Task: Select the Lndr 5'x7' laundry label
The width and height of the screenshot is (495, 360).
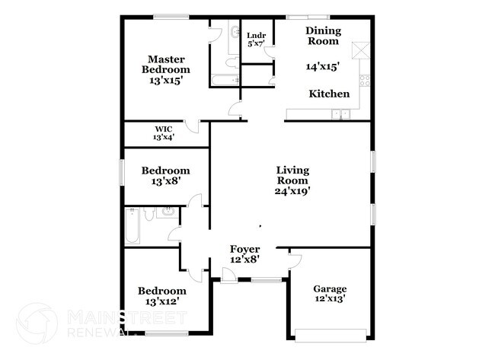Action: [x=256, y=39]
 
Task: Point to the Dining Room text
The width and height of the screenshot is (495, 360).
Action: [x=324, y=37]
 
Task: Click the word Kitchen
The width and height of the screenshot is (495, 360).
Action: [x=329, y=94]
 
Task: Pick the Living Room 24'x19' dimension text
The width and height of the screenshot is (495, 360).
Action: [x=292, y=180]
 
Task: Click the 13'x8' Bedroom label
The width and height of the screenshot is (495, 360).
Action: [x=165, y=176]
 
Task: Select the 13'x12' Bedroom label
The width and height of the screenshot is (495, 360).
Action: [x=161, y=296]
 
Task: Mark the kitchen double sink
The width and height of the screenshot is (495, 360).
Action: [x=340, y=114]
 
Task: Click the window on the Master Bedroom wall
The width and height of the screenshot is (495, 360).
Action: [x=171, y=17]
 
